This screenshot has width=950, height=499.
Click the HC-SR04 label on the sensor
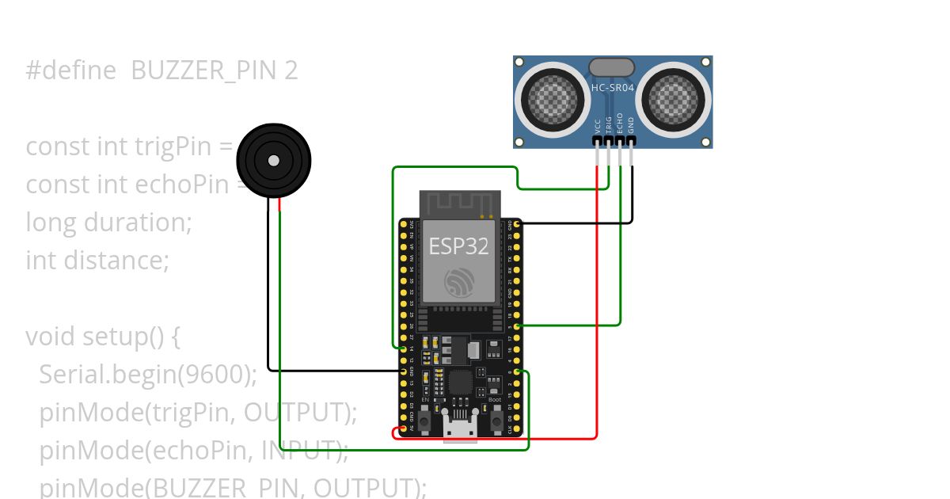click(x=612, y=88)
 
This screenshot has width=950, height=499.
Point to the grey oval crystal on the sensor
click(x=611, y=67)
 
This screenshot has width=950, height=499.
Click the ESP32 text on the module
click(x=458, y=246)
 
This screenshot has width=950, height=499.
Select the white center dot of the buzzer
click(x=273, y=161)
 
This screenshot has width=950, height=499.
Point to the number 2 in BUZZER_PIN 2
click(x=291, y=70)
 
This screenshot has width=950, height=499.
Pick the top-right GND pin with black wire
click(x=517, y=225)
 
